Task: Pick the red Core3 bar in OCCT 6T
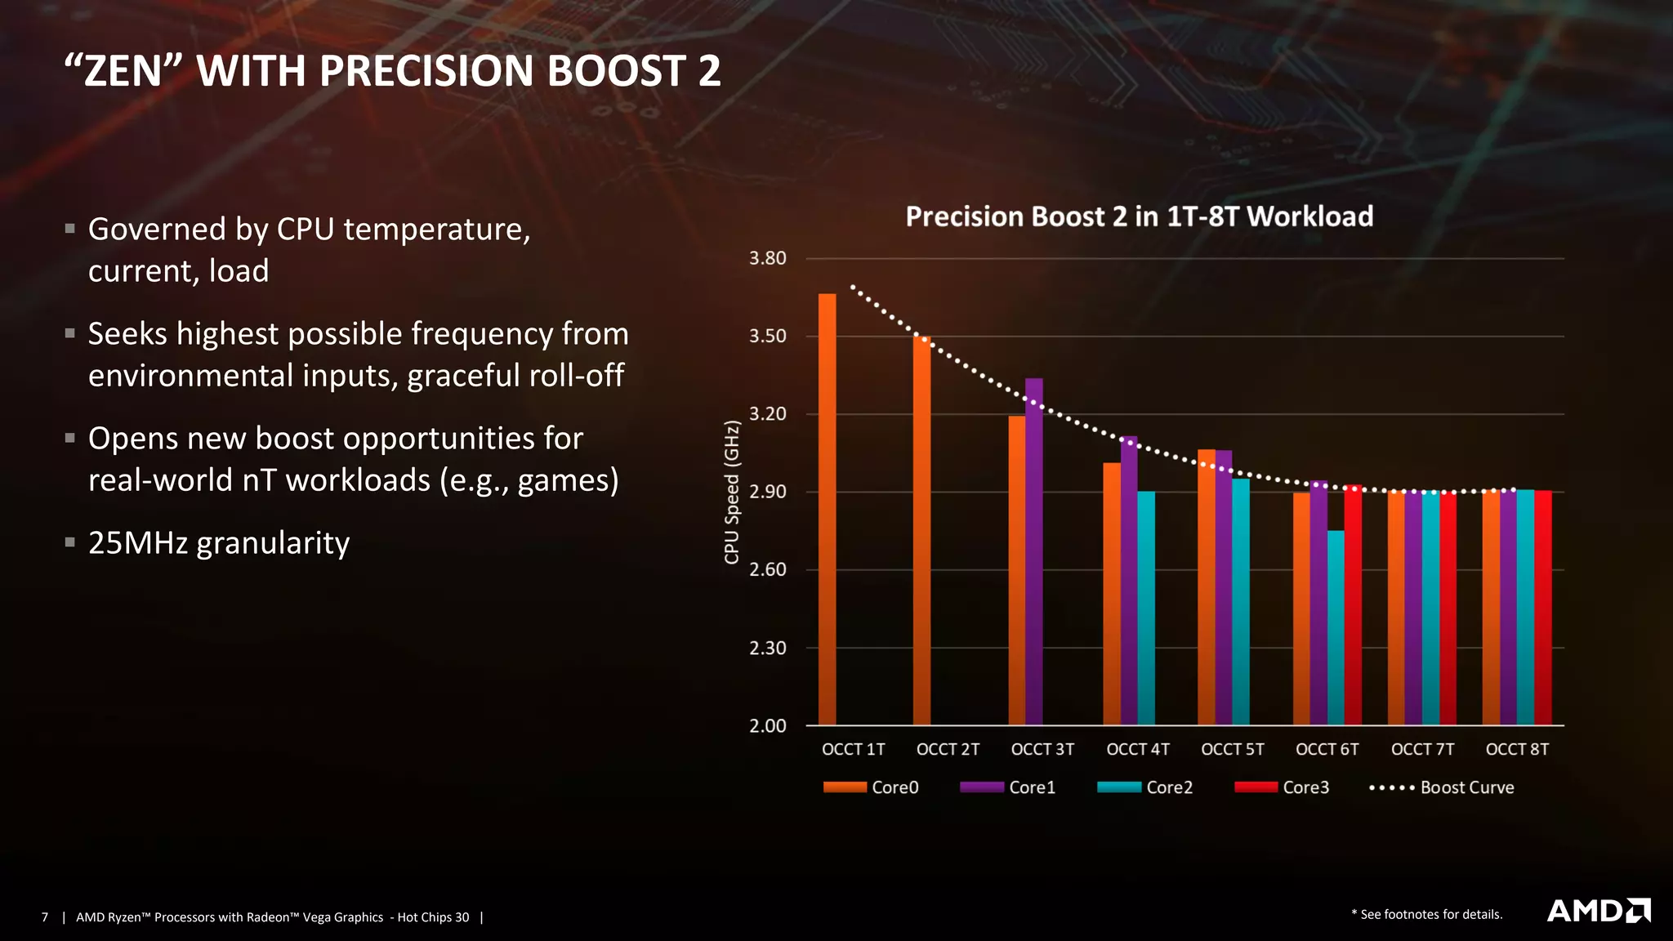pyautogui.click(x=1353, y=604)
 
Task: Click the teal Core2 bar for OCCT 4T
pyautogui.click(x=1146, y=608)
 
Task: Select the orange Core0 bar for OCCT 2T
pyautogui.click(x=921, y=530)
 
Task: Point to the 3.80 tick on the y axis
pyautogui.click(x=767, y=258)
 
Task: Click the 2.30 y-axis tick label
pyautogui.click(x=767, y=648)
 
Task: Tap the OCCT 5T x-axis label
pyautogui.click(x=1232, y=749)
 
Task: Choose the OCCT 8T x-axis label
pyautogui.click(x=1516, y=749)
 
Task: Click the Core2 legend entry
pyautogui.click(x=1145, y=787)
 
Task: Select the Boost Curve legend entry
pyautogui.click(x=1442, y=787)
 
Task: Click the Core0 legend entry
pyautogui.click(x=871, y=787)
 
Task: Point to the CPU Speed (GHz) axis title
pyautogui.click(x=731, y=492)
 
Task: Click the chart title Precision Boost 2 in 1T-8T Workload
pyautogui.click(x=1139, y=216)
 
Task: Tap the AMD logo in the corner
pyautogui.click(x=1598, y=911)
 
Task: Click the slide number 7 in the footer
pyautogui.click(x=45, y=917)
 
